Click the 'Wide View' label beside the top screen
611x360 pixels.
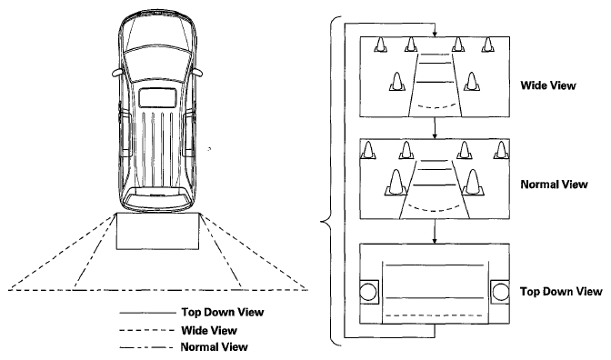[x=548, y=85]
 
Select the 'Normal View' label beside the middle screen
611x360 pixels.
[x=554, y=185]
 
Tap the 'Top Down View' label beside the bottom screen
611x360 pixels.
[x=561, y=292]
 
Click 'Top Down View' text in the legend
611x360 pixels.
[x=223, y=312]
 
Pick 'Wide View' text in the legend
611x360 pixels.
[x=209, y=330]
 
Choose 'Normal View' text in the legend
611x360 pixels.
[x=215, y=346]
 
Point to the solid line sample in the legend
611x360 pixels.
[x=147, y=313]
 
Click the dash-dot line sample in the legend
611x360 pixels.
[x=146, y=347]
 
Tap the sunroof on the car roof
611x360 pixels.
[x=158, y=98]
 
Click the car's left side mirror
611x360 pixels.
[x=117, y=73]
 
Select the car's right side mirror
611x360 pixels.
[x=197, y=73]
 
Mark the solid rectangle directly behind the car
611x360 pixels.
[x=157, y=231]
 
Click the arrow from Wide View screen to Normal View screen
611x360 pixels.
[x=435, y=128]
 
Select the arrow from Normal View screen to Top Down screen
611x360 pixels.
[x=435, y=232]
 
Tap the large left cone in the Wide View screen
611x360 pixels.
[x=397, y=82]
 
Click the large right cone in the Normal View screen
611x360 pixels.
[x=473, y=183]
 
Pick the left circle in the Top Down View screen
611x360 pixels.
[x=368, y=292]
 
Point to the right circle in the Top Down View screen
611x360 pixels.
[x=500, y=292]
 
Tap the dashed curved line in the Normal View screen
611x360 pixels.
[x=435, y=210]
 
